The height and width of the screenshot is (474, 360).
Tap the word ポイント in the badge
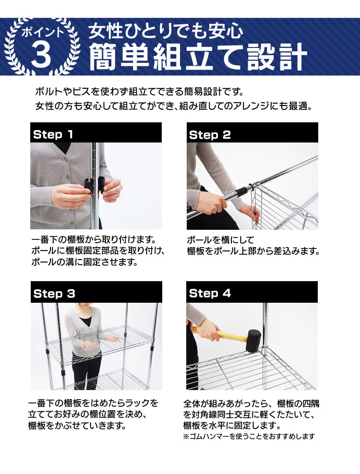tap(42, 32)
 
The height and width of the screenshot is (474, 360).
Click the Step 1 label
tap(53, 134)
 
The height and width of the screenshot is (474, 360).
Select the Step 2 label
tap(210, 135)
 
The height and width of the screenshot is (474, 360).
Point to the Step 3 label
tap(54, 294)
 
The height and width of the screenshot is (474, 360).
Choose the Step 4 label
tap(210, 293)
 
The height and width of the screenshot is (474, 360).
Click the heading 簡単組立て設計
tap(198, 57)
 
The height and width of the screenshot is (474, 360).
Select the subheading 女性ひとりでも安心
tap(166, 31)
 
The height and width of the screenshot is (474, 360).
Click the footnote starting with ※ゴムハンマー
tap(249, 436)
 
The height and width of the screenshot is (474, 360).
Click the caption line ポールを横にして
tap(220, 240)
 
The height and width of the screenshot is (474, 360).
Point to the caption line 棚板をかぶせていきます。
tap(77, 426)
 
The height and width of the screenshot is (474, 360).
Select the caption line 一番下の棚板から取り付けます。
tap(94, 240)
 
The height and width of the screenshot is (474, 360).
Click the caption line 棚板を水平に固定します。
tap(232, 426)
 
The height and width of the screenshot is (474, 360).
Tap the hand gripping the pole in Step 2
tap(214, 204)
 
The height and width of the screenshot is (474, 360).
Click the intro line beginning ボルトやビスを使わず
tap(140, 91)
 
